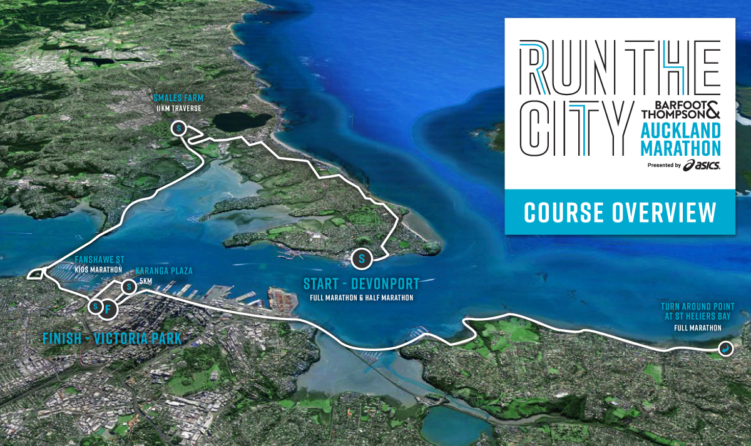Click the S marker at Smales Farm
(179, 129)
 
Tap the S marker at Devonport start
(362, 257)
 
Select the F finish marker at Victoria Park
(108, 308)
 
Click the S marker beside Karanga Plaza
(128, 287)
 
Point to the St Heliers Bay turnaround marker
(725, 349)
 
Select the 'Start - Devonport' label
(361, 283)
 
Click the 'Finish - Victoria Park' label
(112, 339)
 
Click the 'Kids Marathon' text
(98, 270)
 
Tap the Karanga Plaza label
(164, 271)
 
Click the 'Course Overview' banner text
(620, 213)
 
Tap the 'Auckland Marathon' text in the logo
(681, 139)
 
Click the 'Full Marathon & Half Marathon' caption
(361, 298)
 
